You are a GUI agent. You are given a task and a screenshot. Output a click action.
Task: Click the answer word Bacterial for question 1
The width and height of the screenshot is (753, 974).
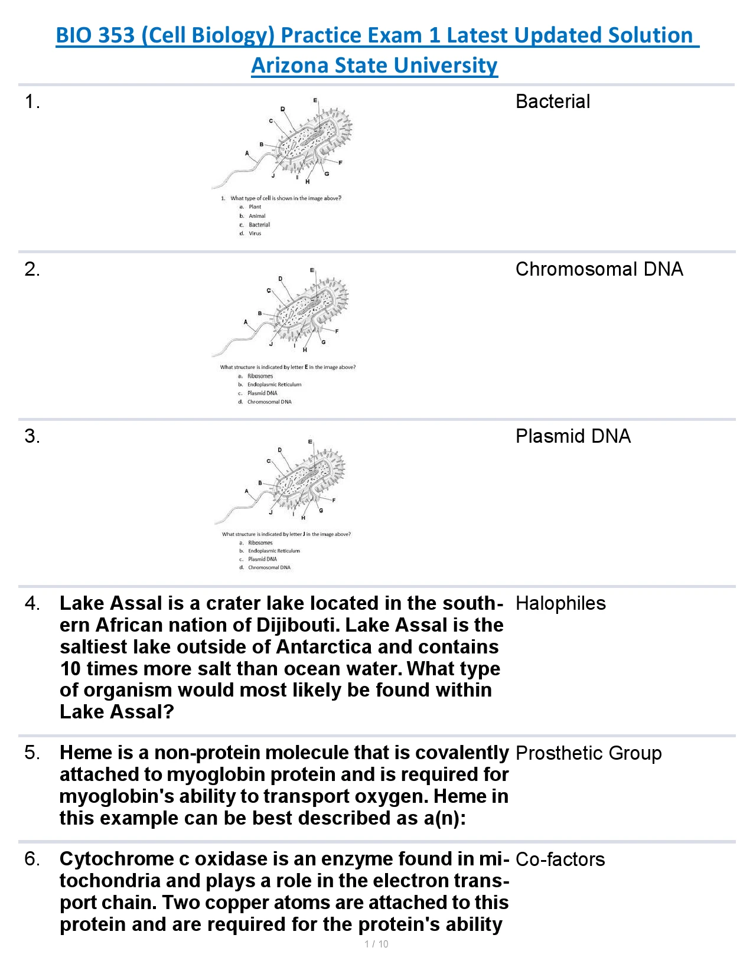pyautogui.click(x=552, y=102)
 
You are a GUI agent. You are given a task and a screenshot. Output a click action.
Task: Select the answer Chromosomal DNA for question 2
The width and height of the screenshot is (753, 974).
pyautogui.click(x=599, y=269)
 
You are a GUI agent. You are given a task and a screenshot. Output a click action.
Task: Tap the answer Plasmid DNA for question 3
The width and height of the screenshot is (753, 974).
pyautogui.click(x=573, y=436)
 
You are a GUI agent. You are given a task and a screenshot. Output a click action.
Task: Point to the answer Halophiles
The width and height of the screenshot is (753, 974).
pyautogui.click(x=560, y=603)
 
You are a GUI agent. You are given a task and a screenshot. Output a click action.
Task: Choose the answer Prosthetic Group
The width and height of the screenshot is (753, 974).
pyautogui.click(x=588, y=753)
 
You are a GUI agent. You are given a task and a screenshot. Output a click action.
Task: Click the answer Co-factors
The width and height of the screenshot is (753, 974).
pyautogui.click(x=560, y=859)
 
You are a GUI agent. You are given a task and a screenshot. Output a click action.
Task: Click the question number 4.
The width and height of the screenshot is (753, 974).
pyautogui.click(x=32, y=603)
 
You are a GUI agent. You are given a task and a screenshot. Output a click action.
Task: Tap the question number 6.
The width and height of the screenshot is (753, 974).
pyautogui.click(x=32, y=859)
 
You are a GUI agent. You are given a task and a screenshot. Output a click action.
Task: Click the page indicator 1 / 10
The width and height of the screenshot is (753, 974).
pyautogui.click(x=376, y=944)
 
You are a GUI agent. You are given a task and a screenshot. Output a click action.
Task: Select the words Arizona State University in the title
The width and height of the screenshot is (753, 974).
pyautogui.click(x=374, y=65)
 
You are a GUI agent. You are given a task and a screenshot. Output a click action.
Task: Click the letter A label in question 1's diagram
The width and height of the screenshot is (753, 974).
pyautogui.click(x=247, y=153)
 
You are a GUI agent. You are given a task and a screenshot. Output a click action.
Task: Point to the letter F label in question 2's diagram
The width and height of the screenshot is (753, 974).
pyautogui.click(x=337, y=331)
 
